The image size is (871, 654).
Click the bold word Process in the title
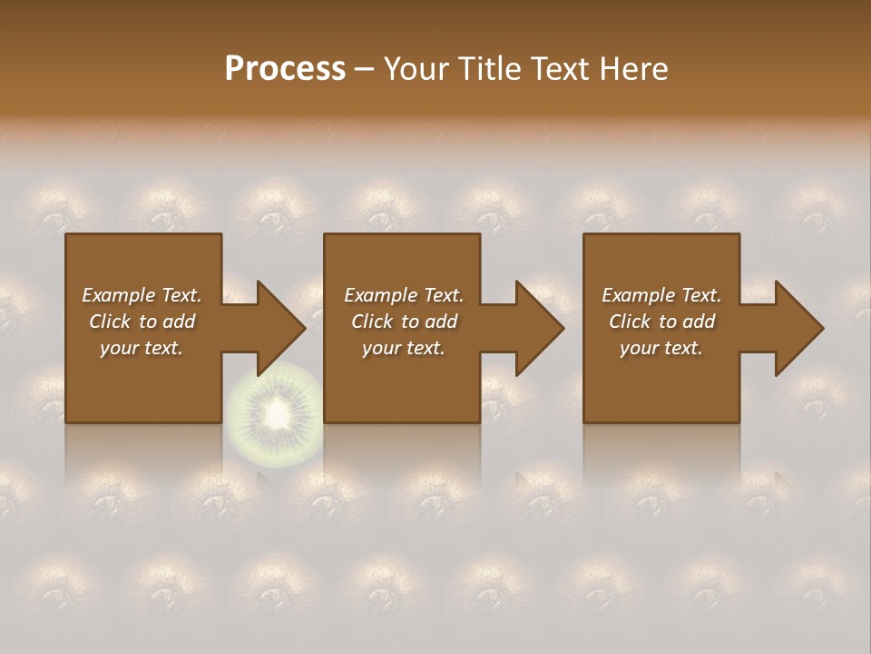285,69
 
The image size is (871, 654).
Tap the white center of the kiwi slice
274,416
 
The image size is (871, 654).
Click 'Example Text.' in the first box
142,295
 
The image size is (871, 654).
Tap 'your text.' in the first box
142,348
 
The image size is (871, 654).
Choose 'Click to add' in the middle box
404,322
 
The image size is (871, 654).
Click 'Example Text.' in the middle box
404,295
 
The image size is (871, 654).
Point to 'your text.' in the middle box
404,348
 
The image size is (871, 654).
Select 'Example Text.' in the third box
661,295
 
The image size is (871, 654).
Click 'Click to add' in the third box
661,322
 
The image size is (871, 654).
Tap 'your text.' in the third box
661,348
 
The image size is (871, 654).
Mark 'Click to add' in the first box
142,322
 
